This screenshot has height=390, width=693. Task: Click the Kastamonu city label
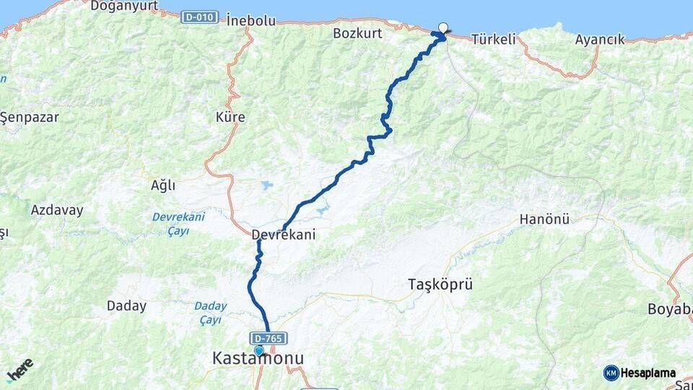tap(258, 358)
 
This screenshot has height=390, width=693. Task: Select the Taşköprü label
tap(440, 284)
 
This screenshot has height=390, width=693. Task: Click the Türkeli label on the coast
tap(494, 40)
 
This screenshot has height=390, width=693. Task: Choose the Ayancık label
tap(600, 40)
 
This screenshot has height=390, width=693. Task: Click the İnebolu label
tap(250, 20)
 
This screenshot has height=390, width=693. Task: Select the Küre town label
tap(230, 116)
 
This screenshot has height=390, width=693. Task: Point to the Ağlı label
tap(162, 185)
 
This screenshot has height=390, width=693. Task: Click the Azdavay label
tap(57, 210)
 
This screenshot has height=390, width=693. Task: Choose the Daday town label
tap(126, 305)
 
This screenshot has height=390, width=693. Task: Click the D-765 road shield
tap(269, 338)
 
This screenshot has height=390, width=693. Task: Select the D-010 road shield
tap(199, 17)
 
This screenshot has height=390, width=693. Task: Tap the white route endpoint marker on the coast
tap(443, 27)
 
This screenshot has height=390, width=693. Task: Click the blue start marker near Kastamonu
tap(258, 350)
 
